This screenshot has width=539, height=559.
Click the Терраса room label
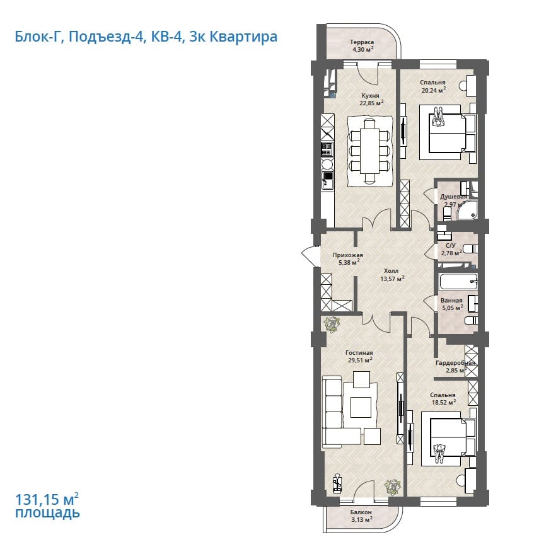point(362,42)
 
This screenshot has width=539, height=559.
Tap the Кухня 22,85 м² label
point(371,100)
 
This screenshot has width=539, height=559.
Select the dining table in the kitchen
point(369,151)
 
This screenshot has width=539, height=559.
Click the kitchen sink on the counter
point(78,180)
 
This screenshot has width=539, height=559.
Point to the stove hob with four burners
point(78,149)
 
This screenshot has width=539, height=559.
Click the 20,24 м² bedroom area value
point(434,90)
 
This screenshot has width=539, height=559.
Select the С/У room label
point(451,245)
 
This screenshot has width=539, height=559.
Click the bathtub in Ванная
point(458,282)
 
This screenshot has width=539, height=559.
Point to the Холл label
point(391,271)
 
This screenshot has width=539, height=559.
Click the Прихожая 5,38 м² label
point(347,259)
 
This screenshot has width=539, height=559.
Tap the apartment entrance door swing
point(310,256)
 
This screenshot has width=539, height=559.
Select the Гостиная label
point(359,352)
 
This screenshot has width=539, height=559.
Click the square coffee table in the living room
point(361,407)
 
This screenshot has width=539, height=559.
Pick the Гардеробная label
point(455,363)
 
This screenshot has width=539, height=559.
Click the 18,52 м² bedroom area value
point(443,403)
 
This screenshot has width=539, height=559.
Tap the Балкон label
point(361,512)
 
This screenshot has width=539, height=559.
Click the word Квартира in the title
point(243,37)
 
